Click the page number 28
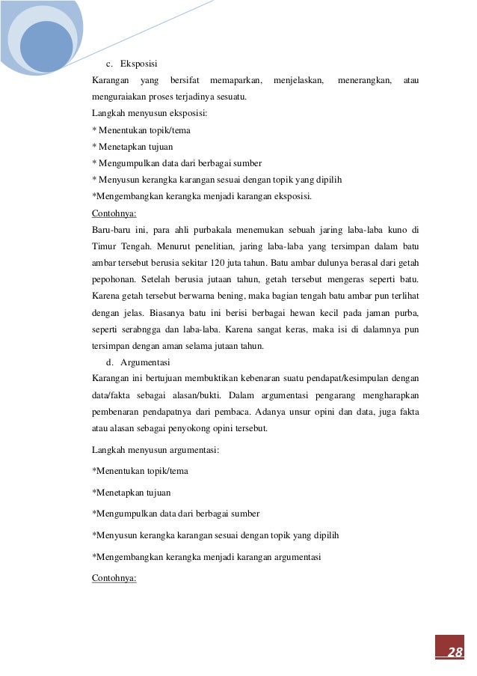click(455, 652)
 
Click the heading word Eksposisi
click(138, 63)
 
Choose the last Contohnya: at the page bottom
click(114, 579)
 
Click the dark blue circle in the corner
click(46, 45)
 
